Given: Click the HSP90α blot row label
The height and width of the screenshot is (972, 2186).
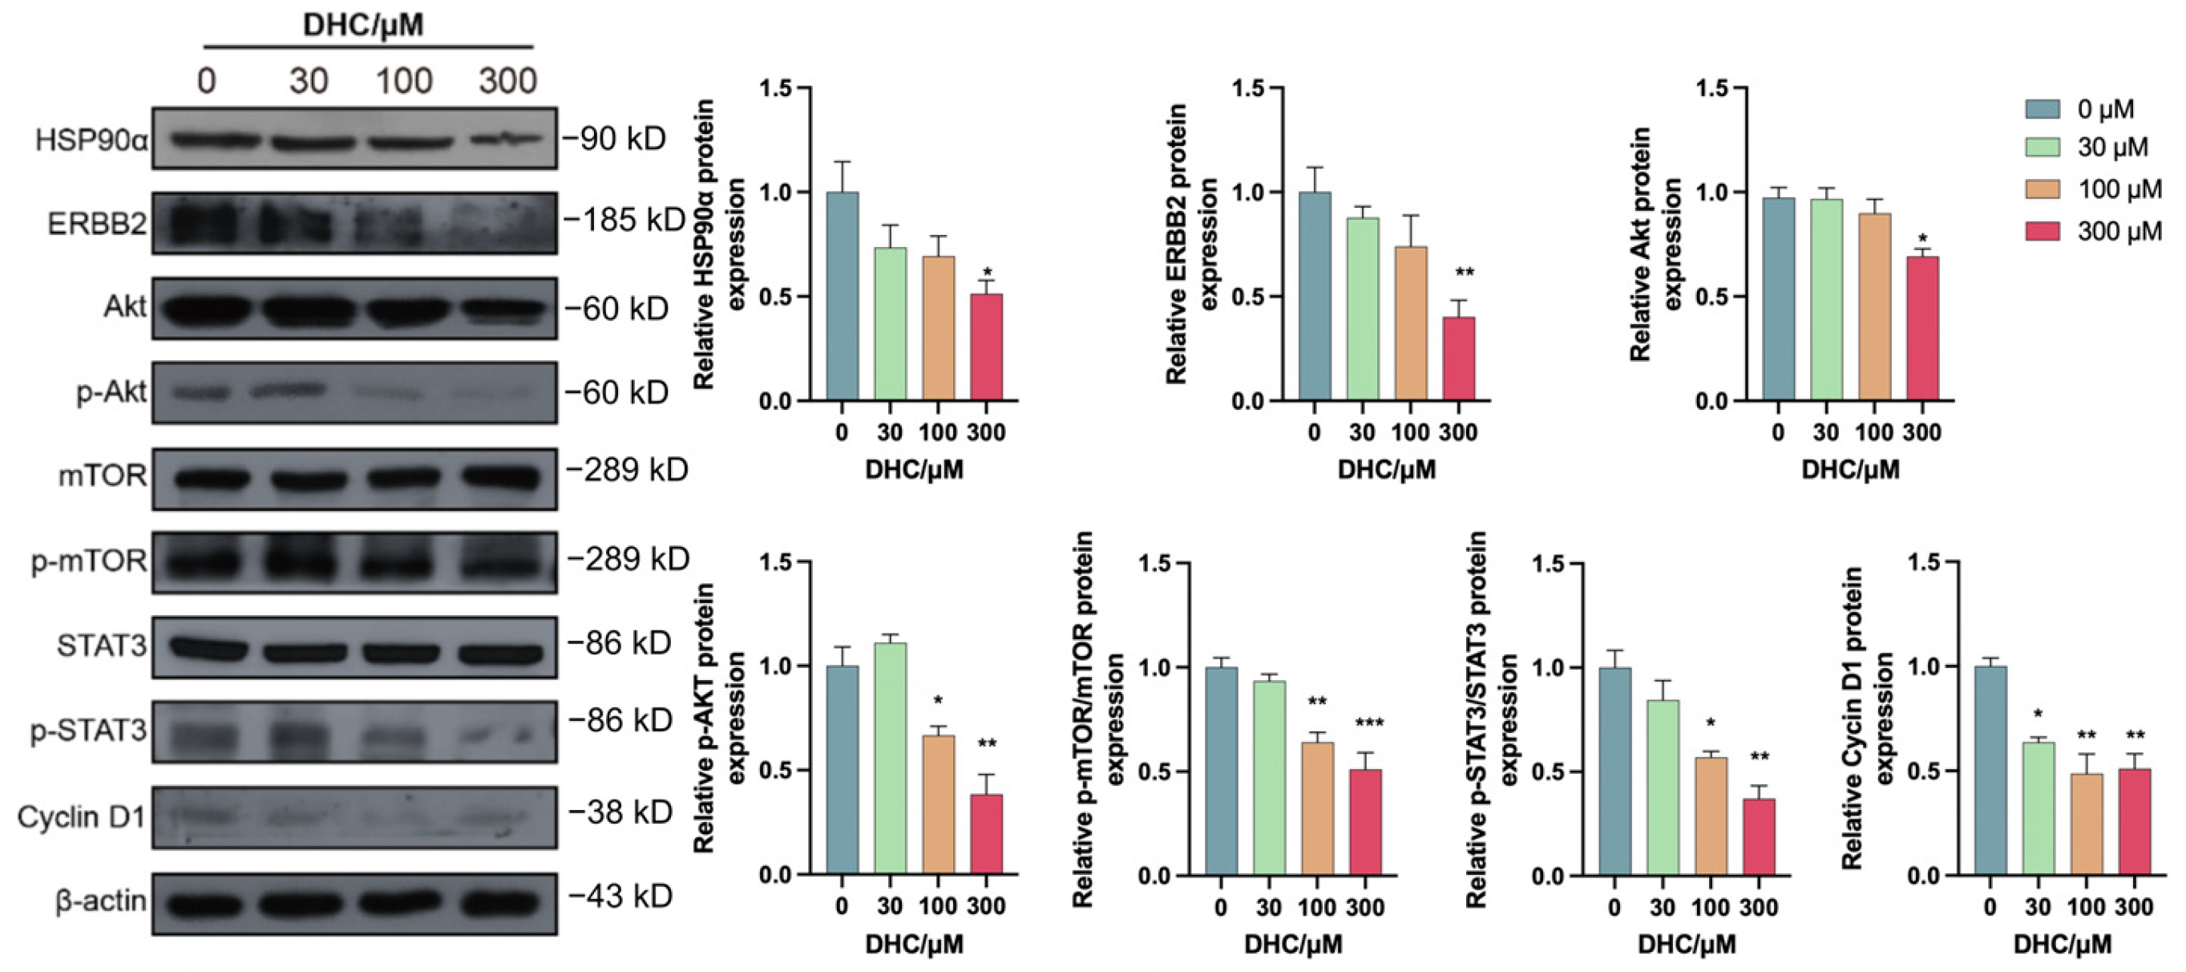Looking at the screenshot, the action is tap(91, 140).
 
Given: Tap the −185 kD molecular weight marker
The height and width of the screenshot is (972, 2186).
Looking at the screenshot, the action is tap(624, 221).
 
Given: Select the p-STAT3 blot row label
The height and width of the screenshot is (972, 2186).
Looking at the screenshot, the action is tap(89, 731).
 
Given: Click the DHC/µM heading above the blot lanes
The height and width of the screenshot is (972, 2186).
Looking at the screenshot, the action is tap(363, 25).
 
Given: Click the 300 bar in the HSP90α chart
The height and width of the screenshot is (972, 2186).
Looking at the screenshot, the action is tap(986, 347).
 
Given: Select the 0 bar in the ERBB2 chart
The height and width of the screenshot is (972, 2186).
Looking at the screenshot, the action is tap(1315, 296).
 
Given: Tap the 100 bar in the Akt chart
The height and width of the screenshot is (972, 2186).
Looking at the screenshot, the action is tap(1874, 306).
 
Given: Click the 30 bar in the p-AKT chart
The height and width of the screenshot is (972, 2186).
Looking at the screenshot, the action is tap(890, 759).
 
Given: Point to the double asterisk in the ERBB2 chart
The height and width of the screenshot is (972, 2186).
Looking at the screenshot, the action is tap(1465, 273).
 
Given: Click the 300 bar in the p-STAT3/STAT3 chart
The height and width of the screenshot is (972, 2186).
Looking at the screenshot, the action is tap(1758, 837).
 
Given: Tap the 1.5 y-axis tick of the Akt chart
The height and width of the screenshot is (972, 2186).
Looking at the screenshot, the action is tap(1711, 88).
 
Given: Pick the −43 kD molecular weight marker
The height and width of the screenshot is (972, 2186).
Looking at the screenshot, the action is tap(620, 897).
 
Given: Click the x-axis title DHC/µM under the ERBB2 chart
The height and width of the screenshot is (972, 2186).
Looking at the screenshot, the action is tap(1387, 469).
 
